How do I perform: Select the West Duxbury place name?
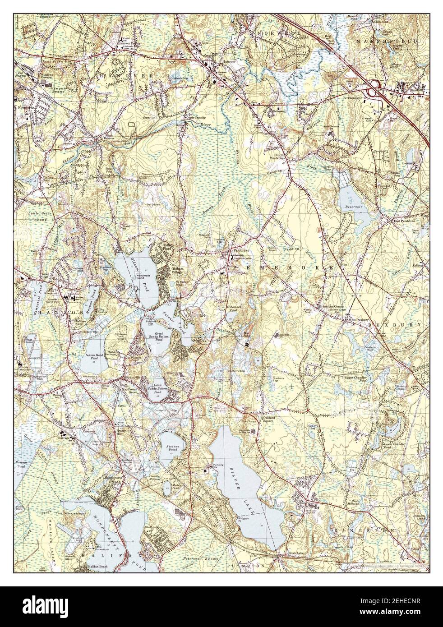tap(356, 320)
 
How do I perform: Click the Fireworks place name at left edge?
tap(27, 108)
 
